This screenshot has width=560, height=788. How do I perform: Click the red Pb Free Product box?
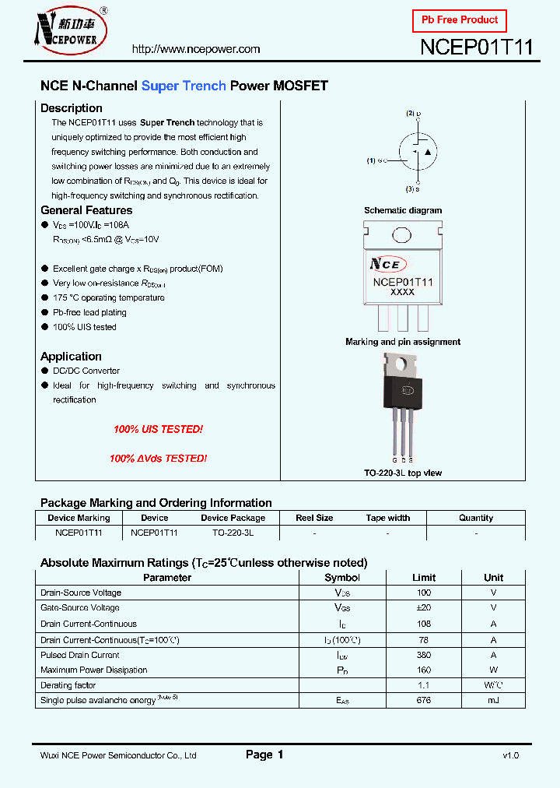point(459,19)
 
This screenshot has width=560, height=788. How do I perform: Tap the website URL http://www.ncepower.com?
point(196,49)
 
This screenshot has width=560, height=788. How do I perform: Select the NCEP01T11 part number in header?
point(476,47)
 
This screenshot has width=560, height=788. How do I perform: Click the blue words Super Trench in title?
point(184,86)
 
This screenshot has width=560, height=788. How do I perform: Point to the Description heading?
point(72,108)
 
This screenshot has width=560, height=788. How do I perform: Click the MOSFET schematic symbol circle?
point(418,151)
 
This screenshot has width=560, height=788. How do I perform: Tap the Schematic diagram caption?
point(403,210)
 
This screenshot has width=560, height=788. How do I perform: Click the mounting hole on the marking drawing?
point(401,234)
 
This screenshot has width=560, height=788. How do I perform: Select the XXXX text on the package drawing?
point(402,292)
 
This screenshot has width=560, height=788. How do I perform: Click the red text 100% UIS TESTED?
point(158,430)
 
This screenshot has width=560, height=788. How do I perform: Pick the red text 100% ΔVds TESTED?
point(158,459)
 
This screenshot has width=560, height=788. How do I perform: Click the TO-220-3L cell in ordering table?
point(233,533)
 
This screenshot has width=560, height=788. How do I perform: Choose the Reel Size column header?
point(314,518)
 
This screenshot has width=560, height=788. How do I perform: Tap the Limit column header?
point(424,578)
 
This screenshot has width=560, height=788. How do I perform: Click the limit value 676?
point(424,701)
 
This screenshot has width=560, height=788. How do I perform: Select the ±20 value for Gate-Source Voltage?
point(424,608)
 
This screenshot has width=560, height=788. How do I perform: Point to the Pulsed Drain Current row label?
point(80,655)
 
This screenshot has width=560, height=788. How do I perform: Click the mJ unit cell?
point(493,701)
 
